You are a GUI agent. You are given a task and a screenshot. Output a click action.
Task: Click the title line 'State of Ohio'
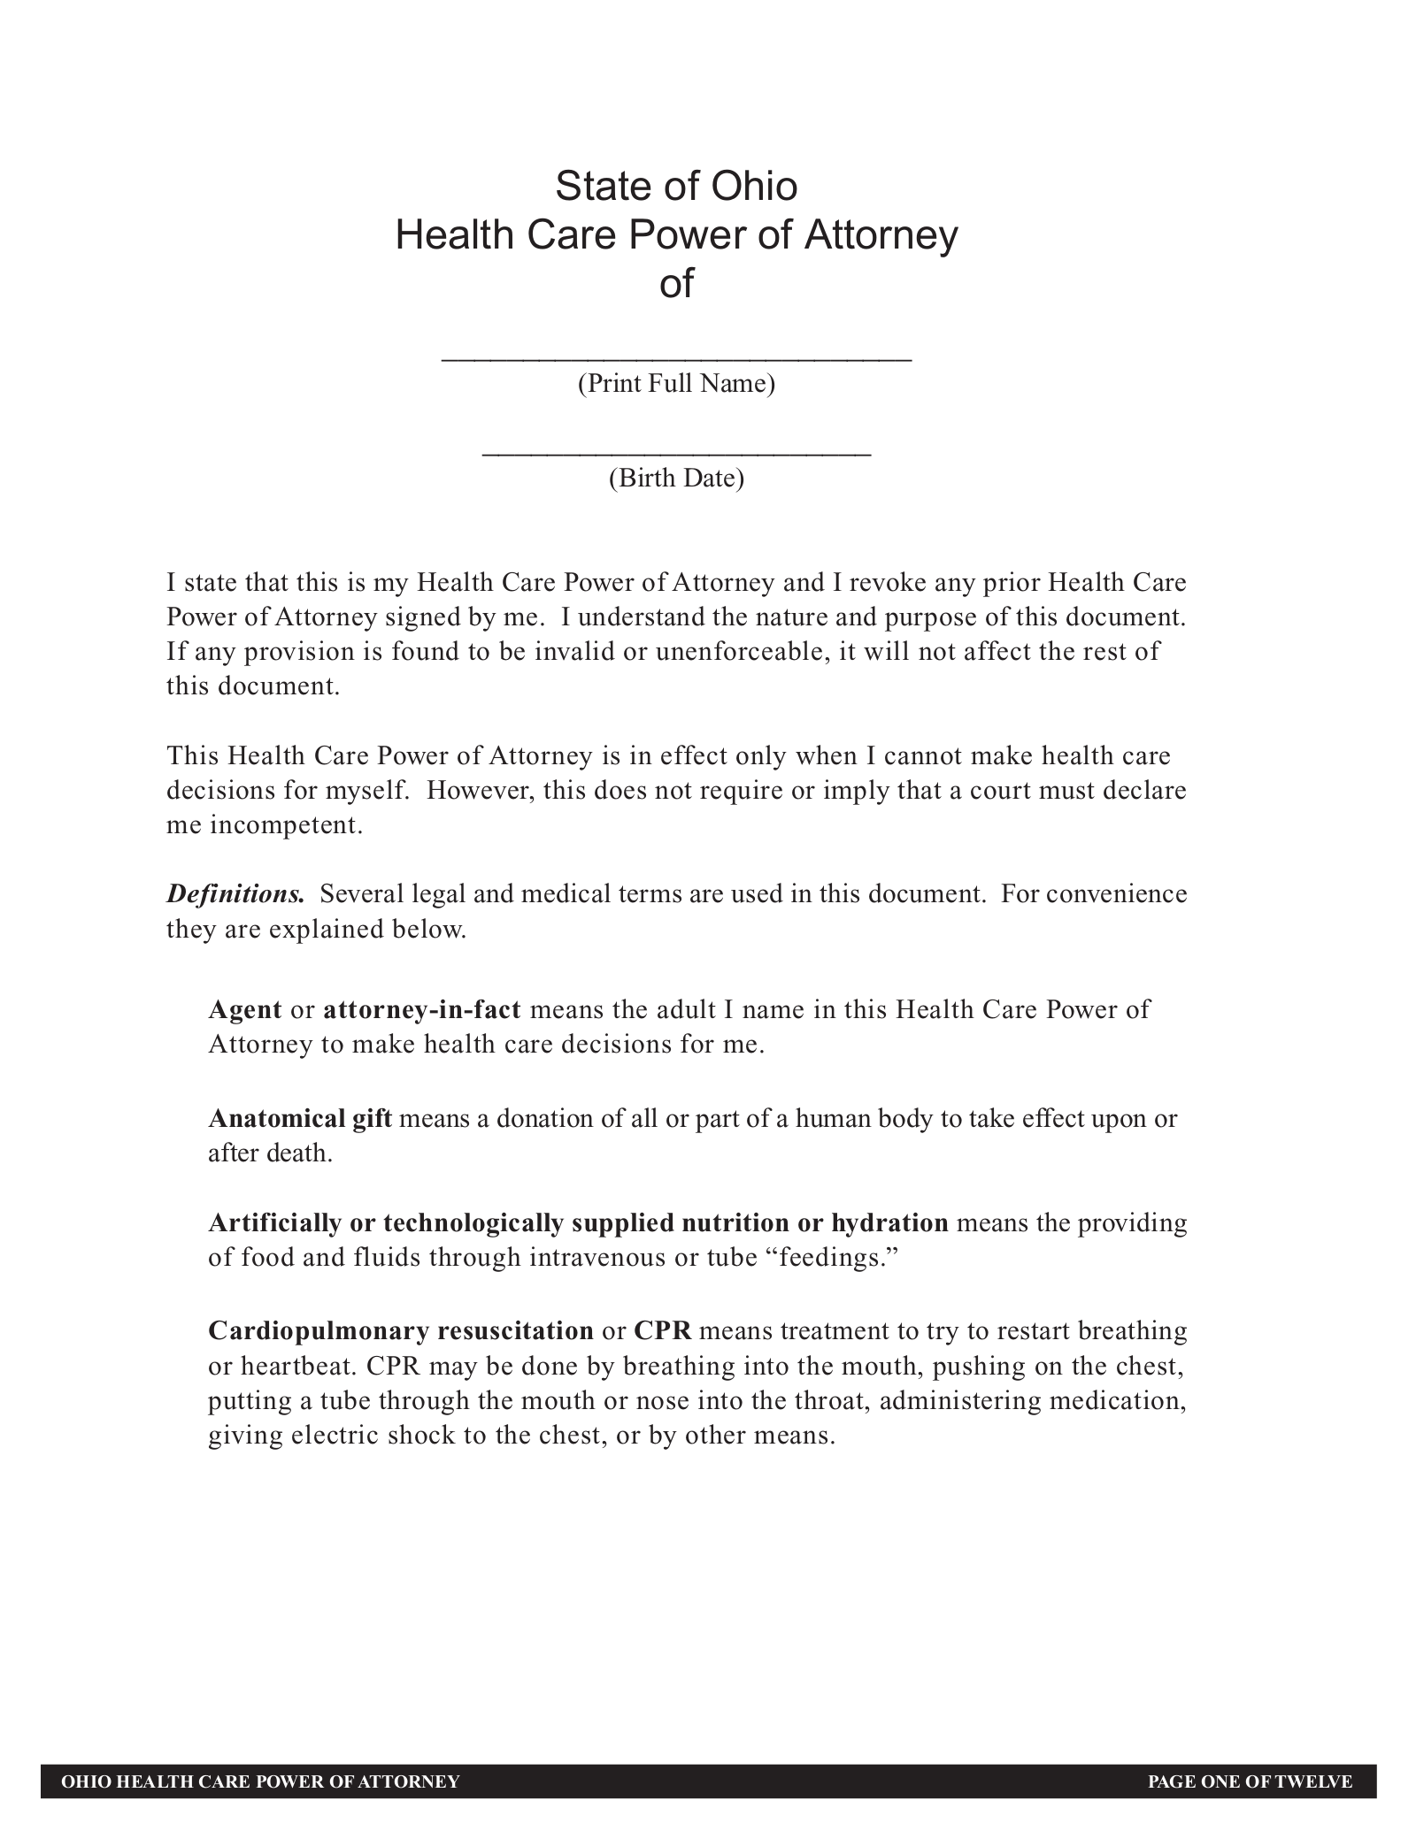[x=676, y=187]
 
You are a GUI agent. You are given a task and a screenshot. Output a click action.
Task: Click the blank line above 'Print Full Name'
[x=676, y=358]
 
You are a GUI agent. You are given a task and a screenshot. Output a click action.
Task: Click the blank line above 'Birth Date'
[x=676, y=453]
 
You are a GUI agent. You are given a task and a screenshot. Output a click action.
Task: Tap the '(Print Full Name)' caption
[x=676, y=384]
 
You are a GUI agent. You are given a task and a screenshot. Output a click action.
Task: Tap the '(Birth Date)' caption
[x=676, y=479]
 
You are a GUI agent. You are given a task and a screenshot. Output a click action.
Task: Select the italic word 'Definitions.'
[x=235, y=894]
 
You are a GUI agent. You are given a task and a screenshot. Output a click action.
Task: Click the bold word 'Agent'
[x=245, y=1010]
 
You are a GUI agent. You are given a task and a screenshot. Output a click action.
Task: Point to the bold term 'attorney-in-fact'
[x=422, y=1010]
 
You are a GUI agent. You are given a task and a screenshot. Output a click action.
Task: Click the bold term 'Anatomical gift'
[x=300, y=1119]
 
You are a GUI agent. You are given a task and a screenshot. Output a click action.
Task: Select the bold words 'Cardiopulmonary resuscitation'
[x=401, y=1331]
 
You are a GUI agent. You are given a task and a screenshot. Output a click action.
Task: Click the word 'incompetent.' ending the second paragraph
[x=287, y=826]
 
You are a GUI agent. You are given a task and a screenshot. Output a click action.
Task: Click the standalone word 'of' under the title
[x=676, y=285]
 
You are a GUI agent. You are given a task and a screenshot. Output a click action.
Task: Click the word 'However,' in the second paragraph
[x=479, y=791]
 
